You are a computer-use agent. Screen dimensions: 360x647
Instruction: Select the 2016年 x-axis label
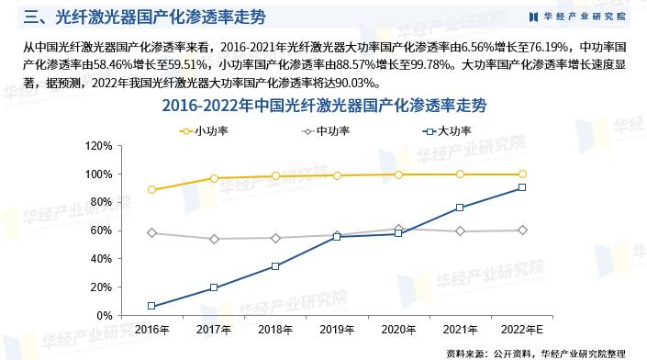tap(151, 329)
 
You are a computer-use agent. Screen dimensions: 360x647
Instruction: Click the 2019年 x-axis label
tap(337, 329)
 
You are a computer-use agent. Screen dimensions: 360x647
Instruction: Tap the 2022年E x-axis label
tap(522, 329)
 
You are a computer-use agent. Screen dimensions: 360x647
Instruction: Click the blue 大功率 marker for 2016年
tap(151, 306)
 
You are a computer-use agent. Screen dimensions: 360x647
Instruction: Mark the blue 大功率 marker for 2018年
tap(275, 266)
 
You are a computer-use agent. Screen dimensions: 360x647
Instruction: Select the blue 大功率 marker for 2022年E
tap(522, 187)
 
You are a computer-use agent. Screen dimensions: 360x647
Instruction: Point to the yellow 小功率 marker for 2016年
tap(151, 190)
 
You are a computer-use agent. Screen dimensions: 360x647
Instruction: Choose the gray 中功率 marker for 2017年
tap(213, 239)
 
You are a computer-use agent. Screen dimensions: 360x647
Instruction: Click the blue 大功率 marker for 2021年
tap(461, 208)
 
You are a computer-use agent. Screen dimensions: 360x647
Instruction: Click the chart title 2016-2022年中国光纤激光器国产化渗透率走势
tap(324, 106)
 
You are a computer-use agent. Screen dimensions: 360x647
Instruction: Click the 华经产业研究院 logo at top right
tap(577, 16)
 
